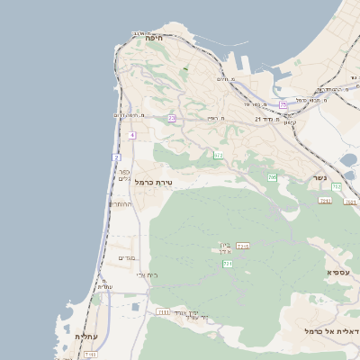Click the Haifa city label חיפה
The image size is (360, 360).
152,38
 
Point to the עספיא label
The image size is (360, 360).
338,271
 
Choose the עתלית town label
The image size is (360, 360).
86,337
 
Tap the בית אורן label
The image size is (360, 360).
225,247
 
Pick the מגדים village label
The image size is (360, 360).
126,258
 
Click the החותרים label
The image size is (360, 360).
121,204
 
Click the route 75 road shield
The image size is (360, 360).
283,104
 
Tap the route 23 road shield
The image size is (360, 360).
171,118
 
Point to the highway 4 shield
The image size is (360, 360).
131,135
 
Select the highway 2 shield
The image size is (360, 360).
116,157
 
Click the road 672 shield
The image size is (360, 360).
218,155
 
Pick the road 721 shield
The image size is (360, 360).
228,265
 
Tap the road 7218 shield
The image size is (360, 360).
242,245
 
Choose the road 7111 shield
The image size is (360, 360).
163,311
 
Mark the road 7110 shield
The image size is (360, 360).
90,355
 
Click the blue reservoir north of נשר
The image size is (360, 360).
348,161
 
